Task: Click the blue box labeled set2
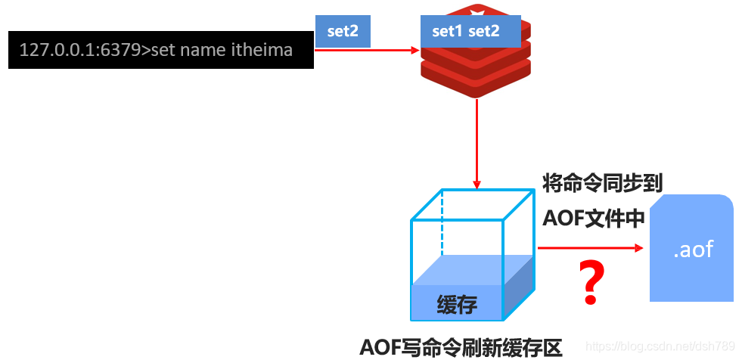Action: coord(343,33)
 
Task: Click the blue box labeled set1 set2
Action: coord(465,32)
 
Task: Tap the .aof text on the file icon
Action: coord(693,249)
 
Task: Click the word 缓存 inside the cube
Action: coord(457,304)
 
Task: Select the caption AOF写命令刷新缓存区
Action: coord(461,347)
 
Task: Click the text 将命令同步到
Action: coord(603,183)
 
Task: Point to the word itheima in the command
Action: coord(265,50)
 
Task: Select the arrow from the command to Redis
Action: coord(367,51)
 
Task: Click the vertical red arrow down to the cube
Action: coord(477,144)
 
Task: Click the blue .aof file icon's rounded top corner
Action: coord(722,201)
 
